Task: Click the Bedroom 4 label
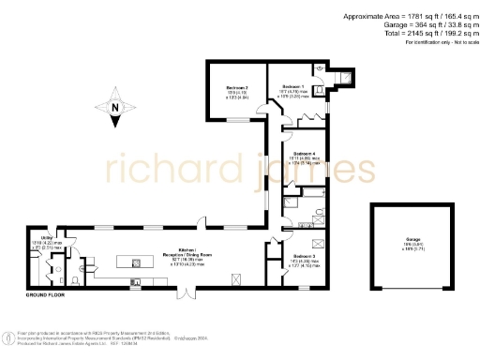303,153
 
